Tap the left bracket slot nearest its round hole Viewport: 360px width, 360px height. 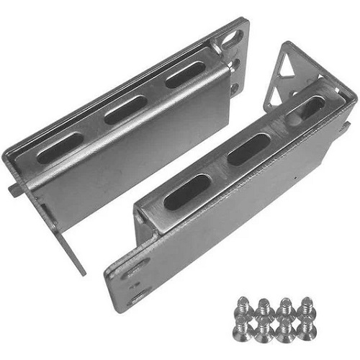pyautogui.click(x=186, y=74)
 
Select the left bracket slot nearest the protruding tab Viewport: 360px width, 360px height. pyautogui.click(x=60, y=147)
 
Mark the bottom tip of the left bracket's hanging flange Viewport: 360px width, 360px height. pyautogui.click(x=81, y=271)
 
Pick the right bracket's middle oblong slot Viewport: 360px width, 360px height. pyautogui.click(x=248, y=148)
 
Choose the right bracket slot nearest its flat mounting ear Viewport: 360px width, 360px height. pyautogui.click(x=186, y=192)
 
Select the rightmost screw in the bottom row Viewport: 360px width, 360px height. pyautogui.click(x=309, y=328)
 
